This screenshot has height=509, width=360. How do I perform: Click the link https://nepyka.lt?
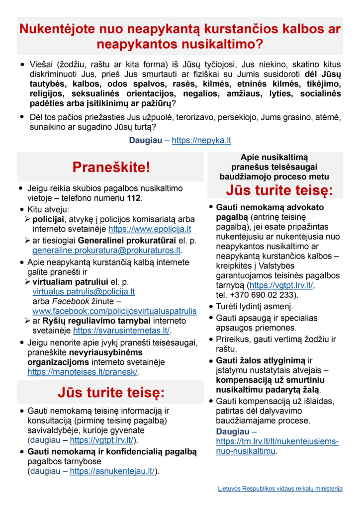point(201,140)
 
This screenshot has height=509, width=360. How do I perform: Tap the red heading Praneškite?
point(111,168)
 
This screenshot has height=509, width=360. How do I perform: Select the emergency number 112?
point(134,198)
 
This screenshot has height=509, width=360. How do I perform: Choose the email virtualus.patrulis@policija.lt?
point(84,292)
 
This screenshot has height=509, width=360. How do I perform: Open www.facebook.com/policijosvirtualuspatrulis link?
point(114,311)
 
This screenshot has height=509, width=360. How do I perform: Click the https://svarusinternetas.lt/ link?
point(121,331)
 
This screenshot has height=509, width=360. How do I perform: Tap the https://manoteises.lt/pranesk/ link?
point(83,371)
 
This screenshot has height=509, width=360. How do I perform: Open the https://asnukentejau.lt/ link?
point(112,471)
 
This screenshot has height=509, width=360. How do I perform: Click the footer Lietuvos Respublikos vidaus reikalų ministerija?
point(280,489)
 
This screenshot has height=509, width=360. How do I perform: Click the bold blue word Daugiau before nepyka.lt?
point(145,140)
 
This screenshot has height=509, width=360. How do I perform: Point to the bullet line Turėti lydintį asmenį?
point(254,306)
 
